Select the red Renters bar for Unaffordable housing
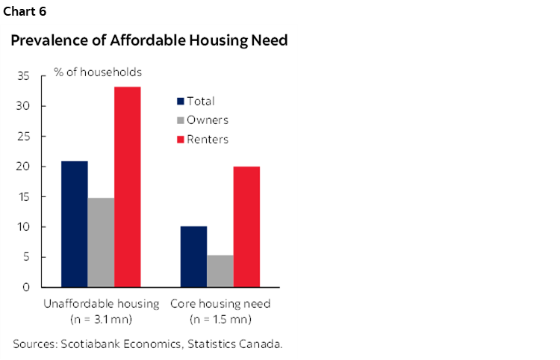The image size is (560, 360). [127, 187]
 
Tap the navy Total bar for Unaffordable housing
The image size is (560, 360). [74, 224]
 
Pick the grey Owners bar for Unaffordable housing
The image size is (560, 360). [101, 242]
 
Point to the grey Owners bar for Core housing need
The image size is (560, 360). [220, 271]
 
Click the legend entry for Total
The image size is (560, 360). [195, 102]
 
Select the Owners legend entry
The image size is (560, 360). [202, 120]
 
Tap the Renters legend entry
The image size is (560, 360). [202, 139]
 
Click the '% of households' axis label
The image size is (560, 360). [97, 72]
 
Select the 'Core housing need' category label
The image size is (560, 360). [220, 304]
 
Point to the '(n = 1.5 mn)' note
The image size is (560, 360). [220, 320]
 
